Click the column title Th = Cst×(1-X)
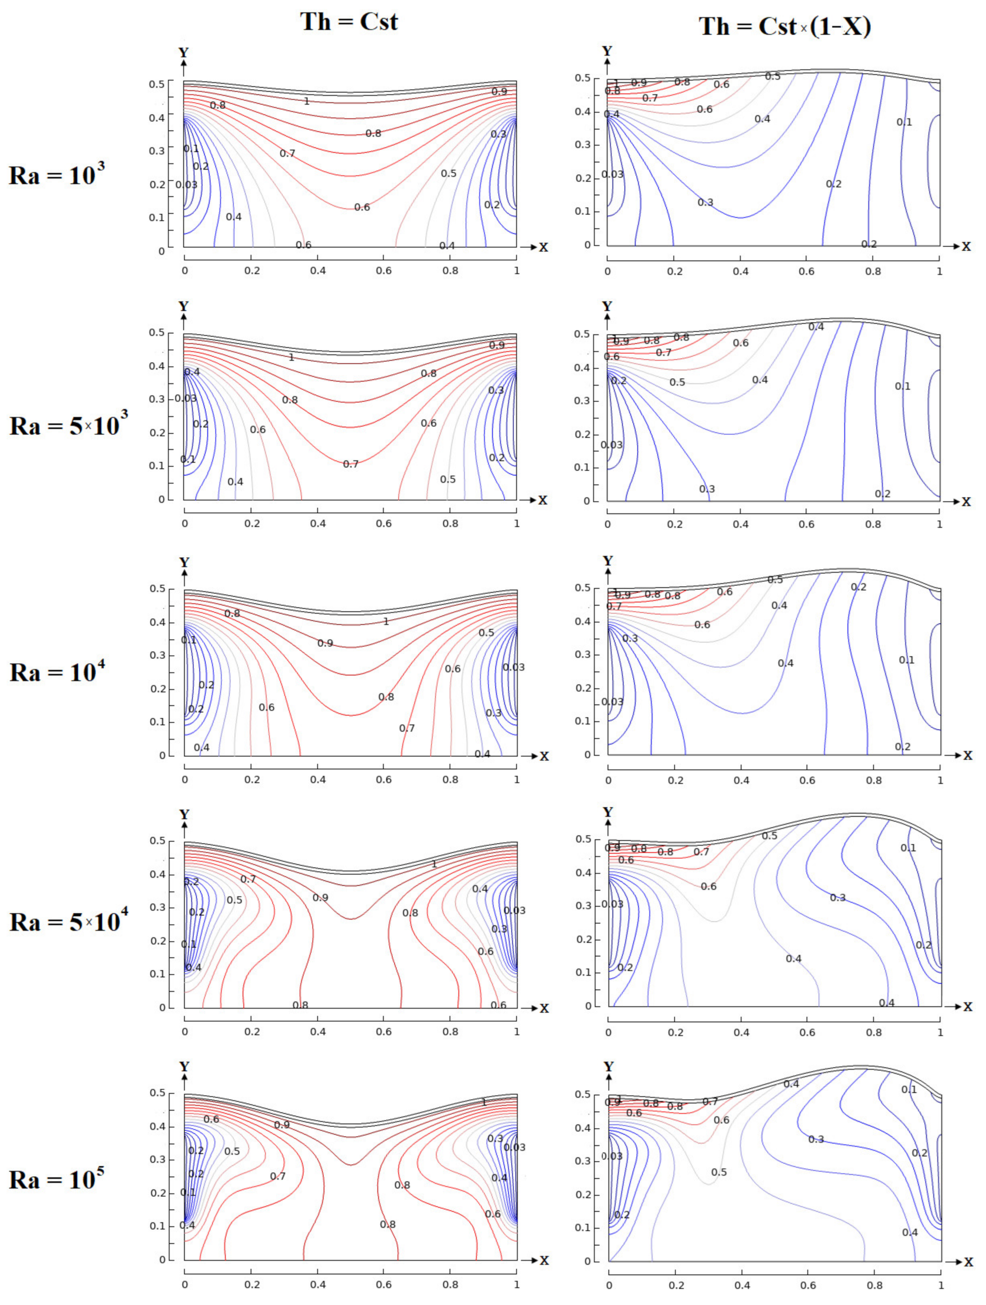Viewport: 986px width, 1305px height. pos(784,26)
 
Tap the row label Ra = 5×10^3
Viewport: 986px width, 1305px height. pos(68,425)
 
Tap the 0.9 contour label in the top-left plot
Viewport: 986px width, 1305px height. pos(499,92)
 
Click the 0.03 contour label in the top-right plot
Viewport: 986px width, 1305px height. pos(612,174)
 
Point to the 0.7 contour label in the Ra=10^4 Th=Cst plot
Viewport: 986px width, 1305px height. pos(407,728)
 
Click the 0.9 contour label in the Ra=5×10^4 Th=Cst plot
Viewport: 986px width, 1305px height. pos(320,897)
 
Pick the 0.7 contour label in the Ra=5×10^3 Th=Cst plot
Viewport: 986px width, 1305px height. pos(351,464)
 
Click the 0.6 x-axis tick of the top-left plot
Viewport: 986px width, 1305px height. pos(384,270)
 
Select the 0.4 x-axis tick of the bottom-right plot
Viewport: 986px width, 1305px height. pos(742,1284)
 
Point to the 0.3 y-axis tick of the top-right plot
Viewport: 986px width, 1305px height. pos(582,144)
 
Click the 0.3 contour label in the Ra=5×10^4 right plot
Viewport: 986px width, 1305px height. pos(837,897)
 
